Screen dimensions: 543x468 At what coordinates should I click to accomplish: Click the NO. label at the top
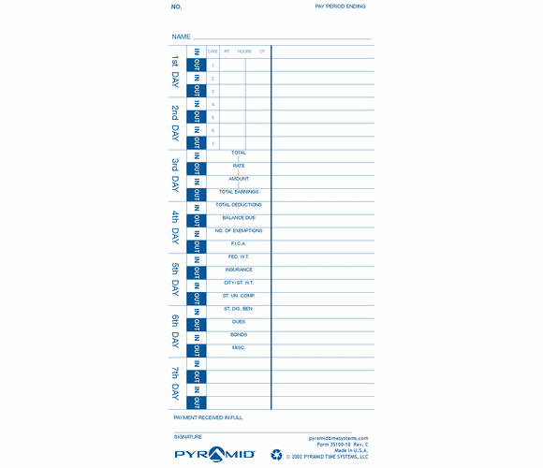pyautogui.click(x=176, y=7)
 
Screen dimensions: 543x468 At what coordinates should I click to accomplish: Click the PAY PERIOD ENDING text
pyautogui.click(x=340, y=7)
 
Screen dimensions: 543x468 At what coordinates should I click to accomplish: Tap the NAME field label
pyautogui.click(x=181, y=37)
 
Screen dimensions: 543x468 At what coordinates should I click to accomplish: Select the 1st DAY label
pyautogui.click(x=175, y=72)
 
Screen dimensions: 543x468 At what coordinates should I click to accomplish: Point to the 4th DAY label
pyautogui.click(x=175, y=227)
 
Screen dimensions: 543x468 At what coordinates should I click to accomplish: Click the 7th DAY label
pyautogui.click(x=175, y=384)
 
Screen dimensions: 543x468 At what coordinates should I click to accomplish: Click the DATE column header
pyautogui.click(x=213, y=51)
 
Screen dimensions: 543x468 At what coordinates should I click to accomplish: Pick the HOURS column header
pyautogui.click(x=244, y=51)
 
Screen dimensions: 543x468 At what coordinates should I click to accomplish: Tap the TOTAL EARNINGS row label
pyautogui.click(x=239, y=192)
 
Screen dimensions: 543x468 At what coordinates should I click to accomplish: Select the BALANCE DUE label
pyautogui.click(x=239, y=218)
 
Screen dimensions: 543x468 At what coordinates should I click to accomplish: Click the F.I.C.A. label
pyautogui.click(x=239, y=243)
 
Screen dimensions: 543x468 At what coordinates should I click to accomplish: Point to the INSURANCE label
pyautogui.click(x=239, y=270)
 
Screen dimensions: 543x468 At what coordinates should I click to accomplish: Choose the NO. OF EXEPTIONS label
pyautogui.click(x=239, y=230)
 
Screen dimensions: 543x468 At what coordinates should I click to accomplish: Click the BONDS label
pyautogui.click(x=239, y=334)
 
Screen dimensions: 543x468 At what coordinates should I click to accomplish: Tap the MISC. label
pyautogui.click(x=239, y=347)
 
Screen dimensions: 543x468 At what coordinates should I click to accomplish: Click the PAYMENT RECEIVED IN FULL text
pyautogui.click(x=208, y=417)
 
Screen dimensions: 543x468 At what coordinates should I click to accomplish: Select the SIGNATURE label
pyautogui.click(x=187, y=437)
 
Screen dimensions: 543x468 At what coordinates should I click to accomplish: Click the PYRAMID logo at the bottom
pyautogui.click(x=214, y=454)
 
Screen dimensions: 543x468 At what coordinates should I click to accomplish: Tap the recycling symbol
pyautogui.click(x=276, y=455)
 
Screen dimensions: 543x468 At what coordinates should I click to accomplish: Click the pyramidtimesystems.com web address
pyautogui.click(x=338, y=437)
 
